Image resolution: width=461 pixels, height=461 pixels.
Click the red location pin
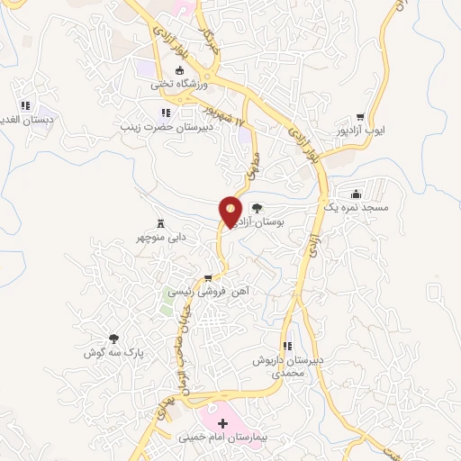(x=231, y=211)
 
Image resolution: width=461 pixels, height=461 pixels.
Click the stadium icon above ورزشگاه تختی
(x=179, y=70)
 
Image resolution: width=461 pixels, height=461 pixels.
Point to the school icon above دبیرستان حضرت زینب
(x=165, y=113)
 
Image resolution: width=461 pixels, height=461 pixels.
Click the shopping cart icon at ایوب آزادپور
(x=360, y=116)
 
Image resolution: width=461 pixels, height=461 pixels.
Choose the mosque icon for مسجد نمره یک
(x=357, y=194)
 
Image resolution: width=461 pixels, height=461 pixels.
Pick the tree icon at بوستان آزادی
(x=257, y=206)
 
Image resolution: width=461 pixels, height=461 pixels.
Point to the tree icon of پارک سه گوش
(x=113, y=339)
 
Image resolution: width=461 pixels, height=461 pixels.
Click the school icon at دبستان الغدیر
(x=25, y=105)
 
